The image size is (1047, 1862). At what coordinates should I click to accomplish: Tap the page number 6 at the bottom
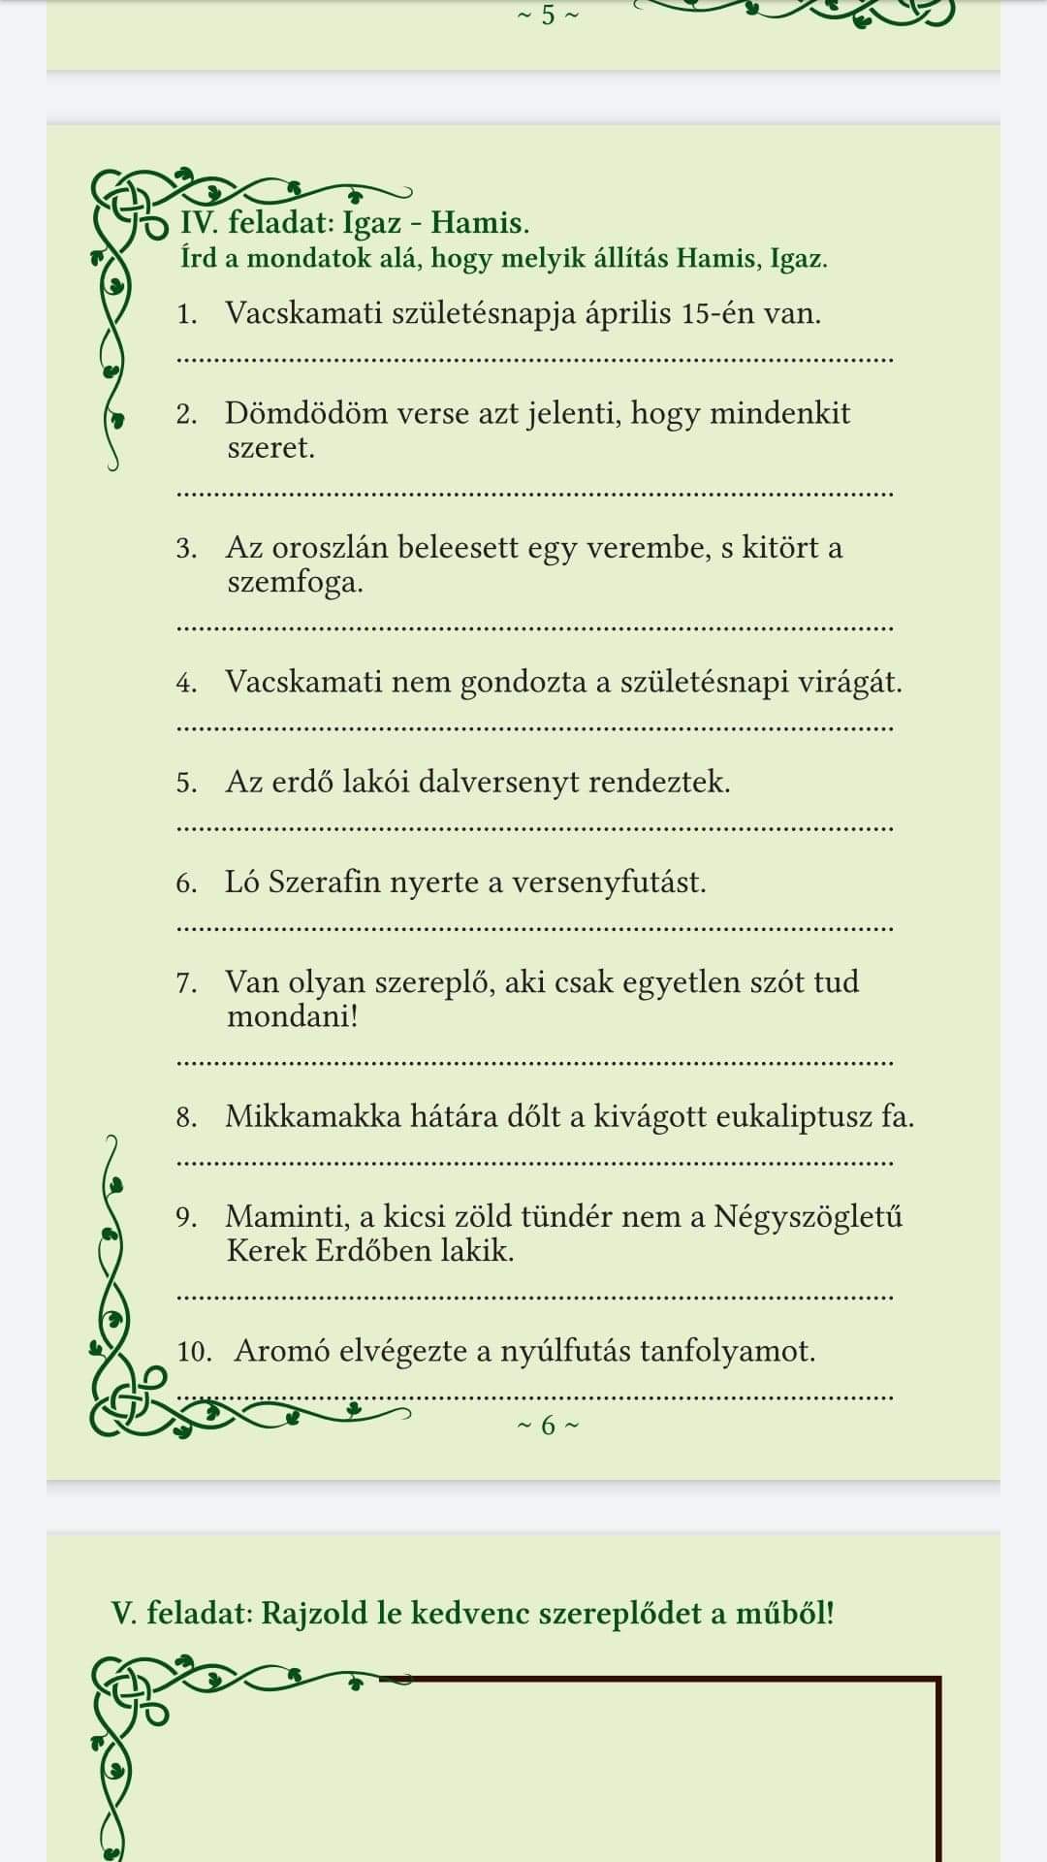[548, 1426]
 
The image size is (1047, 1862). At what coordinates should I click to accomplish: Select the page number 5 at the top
[548, 15]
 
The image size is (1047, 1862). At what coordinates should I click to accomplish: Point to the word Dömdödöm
[294, 413]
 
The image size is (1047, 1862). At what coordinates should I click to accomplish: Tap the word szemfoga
[295, 583]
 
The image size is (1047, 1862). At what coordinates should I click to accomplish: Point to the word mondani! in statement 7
[292, 1016]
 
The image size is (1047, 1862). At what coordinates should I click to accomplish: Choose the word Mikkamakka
[313, 1116]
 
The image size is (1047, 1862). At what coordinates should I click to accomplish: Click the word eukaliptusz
[794, 1116]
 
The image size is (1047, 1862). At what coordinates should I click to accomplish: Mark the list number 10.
[194, 1352]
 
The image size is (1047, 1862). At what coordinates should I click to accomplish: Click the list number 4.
[186, 683]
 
